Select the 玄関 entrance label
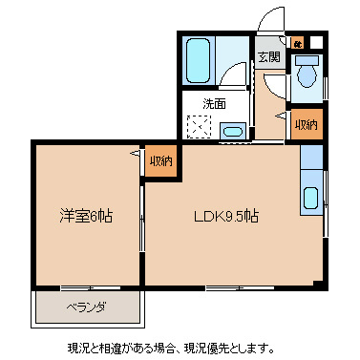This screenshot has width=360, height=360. pyautogui.click(x=267, y=56)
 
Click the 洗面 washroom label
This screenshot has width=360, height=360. pyautogui.click(x=214, y=103)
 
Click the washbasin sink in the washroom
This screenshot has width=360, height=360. pyautogui.click(x=234, y=131)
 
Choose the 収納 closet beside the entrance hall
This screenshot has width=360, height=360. pyautogui.click(x=306, y=125)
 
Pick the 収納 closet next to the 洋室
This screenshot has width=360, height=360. pyautogui.click(x=159, y=159)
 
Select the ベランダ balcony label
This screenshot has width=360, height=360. pyautogui.click(x=85, y=307)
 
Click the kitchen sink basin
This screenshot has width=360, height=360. pyautogui.click(x=311, y=199)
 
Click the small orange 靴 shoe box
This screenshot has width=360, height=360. pyautogui.click(x=298, y=43)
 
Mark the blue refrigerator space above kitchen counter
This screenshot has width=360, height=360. pyautogui.click(x=311, y=156)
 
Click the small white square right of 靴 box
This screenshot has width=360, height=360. pyautogui.click(x=316, y=43)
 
